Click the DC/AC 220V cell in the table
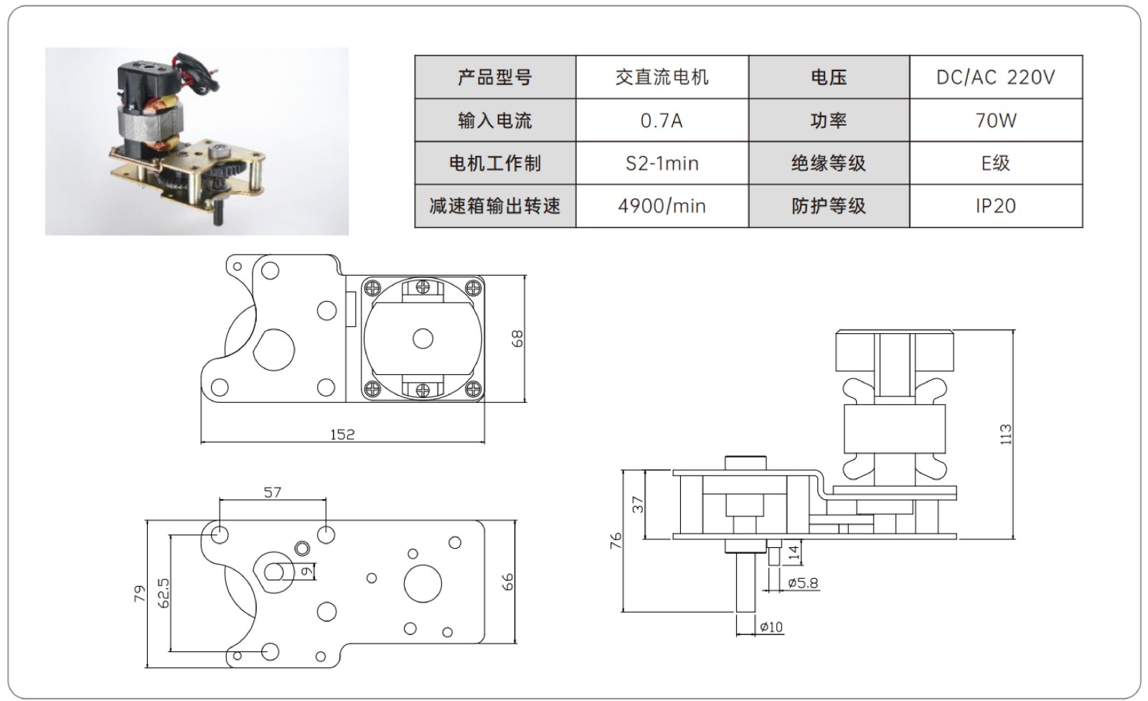[x=995, y=78]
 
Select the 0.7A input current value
[x=662, y=121]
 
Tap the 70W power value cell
[x=995, y=121]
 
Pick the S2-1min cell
[x=662, y=164]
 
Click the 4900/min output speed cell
[x=662, y=207]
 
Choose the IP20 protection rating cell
[x=995, y=207]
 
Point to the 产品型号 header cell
[x=495, y=78]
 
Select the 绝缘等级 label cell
[x=829, y=164]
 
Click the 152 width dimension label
[x=342, y=435]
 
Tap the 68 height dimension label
[x=517, y=338]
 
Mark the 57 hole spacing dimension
[x=273, y=493]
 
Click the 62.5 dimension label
[x=164, y=593]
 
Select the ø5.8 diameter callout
[x=803, y=583]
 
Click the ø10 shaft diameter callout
[x=771, y=627]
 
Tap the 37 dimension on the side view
[x=638, y=504]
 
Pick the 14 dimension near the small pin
[x=793, y=552]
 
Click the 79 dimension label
[x=139, y=594]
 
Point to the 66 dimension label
[x=507, y=582]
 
